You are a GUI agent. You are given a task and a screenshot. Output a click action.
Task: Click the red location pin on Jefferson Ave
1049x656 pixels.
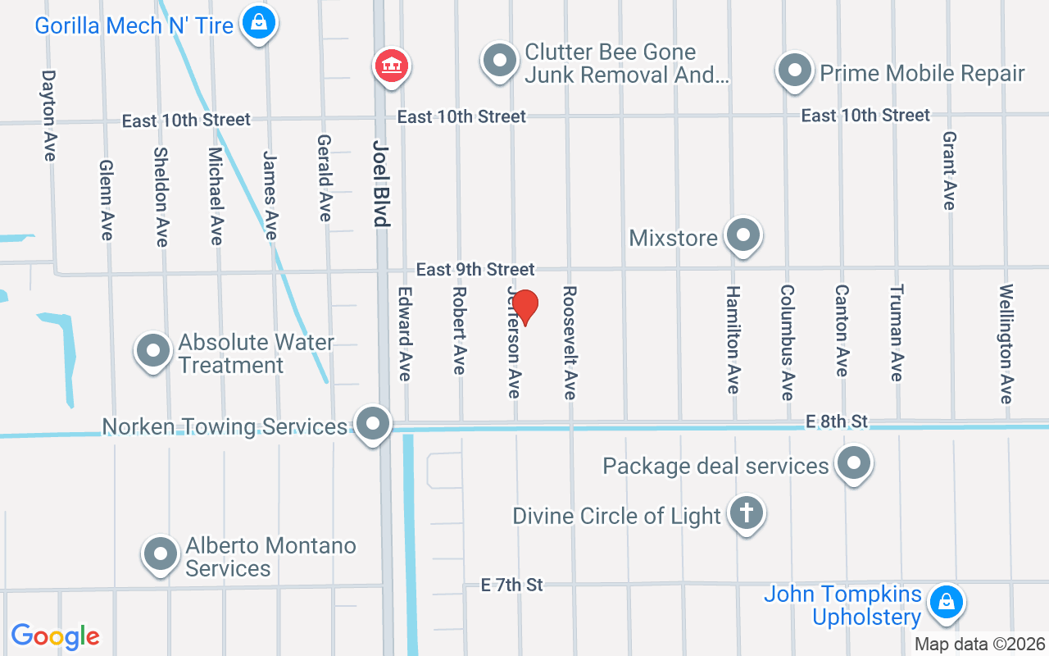click(524, 307)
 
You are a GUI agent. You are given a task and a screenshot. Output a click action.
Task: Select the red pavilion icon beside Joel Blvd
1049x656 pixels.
click(392, 65)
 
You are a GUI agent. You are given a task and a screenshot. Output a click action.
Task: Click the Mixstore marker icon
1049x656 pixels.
click(743, 235)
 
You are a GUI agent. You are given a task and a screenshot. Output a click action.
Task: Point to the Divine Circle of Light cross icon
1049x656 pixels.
click(746, 513)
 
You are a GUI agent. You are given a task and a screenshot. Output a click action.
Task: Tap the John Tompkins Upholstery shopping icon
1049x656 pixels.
click(946, 601)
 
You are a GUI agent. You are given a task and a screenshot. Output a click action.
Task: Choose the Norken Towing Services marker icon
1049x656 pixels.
click(374, 424)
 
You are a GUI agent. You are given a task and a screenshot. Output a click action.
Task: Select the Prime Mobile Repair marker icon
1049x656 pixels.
click(794, 71)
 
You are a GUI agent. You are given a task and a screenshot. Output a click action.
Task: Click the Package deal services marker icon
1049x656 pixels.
click(854, 463)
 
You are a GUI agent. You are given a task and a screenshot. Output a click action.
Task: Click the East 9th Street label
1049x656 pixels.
click(475, 269)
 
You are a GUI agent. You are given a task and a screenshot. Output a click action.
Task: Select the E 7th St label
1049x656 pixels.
click(512, 585)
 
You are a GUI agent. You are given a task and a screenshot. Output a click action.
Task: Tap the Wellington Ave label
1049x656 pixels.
click(1006, 344)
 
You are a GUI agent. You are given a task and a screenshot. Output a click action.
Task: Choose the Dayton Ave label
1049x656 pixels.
click(49, 114)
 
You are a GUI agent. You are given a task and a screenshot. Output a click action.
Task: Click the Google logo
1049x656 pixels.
click(56, 636)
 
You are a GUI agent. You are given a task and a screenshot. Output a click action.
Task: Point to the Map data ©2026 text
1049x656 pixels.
click(980, 644)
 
